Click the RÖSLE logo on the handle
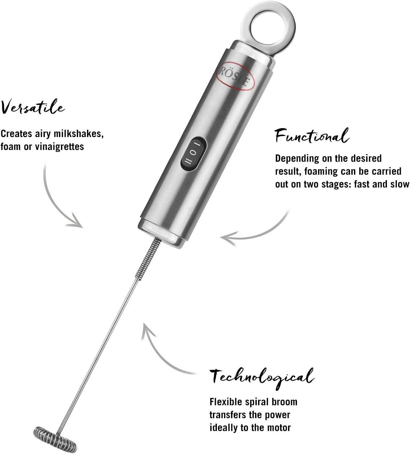tap(237, 75)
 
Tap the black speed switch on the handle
tap(193, 153)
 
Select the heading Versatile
tap(33, 107)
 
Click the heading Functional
tap(311, 135)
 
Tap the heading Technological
tap(262, 376)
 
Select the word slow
tap(400, 184)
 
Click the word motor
tap(278, 428)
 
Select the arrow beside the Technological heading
tap(161, 353)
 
